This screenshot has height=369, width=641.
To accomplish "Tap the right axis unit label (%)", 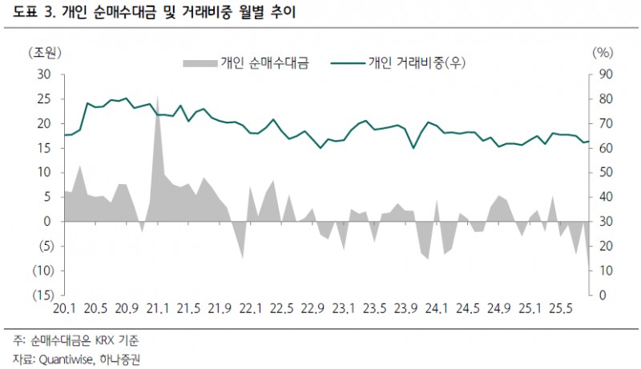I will click(602, 53).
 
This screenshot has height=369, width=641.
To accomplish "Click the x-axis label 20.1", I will click(64, 309).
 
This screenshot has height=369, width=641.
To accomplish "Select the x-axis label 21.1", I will click(157, 309).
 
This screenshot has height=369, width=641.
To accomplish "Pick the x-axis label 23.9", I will click(405, 309).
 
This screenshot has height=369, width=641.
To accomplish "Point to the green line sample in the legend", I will click(345, 62).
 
